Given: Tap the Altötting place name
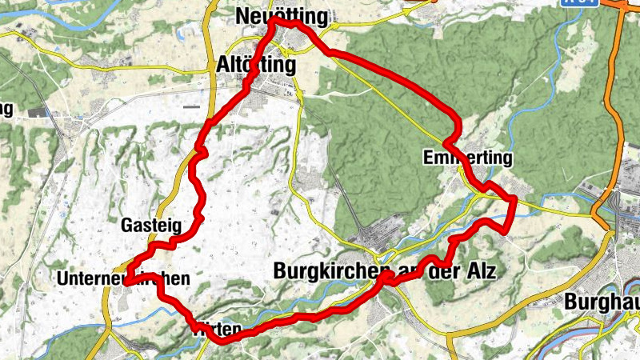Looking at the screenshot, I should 256,64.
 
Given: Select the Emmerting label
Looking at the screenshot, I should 468,159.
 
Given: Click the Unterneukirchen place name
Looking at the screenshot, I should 123,278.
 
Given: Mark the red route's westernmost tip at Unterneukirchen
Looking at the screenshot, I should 126,281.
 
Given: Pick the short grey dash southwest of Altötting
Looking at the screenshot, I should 190,106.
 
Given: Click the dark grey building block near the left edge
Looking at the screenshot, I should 36,113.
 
